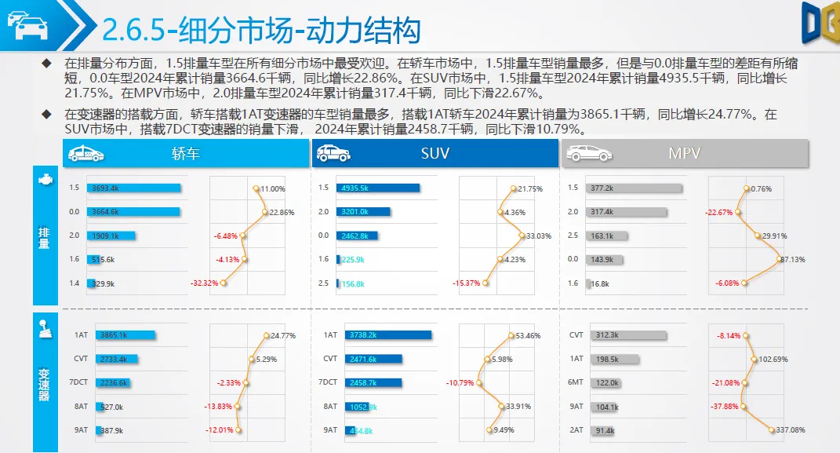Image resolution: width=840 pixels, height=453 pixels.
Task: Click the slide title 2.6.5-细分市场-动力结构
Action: click(262, 30)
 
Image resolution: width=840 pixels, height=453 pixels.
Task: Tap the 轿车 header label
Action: click(186, 154)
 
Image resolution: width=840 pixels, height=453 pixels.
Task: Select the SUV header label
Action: click(435, 154)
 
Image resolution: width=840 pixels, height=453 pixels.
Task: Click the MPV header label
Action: click(684, 154)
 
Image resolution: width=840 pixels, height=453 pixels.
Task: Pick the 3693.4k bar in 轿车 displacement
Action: click(135, 188)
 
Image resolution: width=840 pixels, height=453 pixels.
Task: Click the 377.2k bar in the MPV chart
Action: click(635, 188)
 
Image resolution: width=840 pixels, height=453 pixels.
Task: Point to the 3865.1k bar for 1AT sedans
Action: click(125, 335)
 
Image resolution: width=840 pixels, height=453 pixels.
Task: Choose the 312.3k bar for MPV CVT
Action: click(626, 335)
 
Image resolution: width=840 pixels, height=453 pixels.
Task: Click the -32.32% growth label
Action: click(204, 283)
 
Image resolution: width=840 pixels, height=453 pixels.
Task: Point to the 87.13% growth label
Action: click(791, 260)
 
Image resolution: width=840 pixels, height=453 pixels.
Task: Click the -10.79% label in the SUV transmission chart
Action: click(460, 383)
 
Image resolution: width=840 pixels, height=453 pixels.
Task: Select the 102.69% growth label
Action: click(772, 360)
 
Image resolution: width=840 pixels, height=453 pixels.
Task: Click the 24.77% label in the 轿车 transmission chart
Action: click(282, 336)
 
